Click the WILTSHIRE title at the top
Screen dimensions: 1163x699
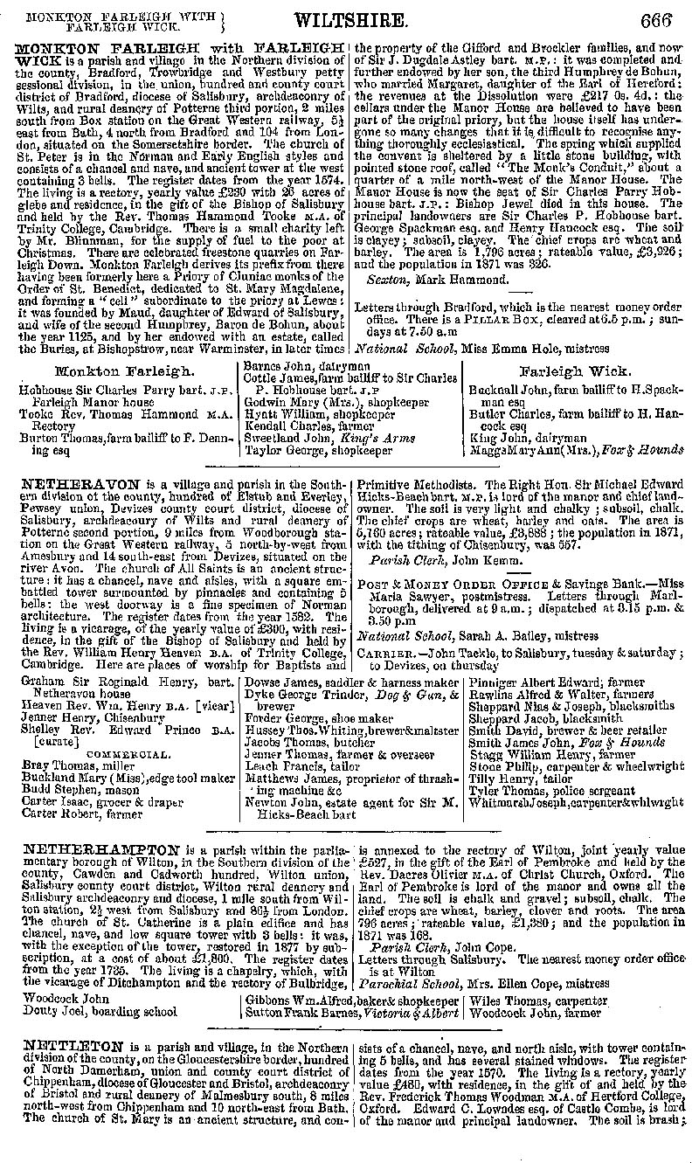[349, 20]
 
